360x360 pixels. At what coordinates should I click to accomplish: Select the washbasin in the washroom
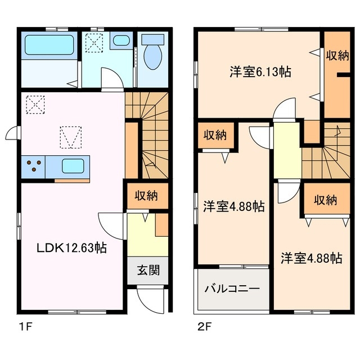120,40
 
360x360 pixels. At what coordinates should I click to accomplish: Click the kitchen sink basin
73,166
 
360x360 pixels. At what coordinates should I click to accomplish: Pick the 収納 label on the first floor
146,196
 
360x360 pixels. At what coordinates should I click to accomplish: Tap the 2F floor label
204,326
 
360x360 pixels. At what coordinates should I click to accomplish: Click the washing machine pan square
93,42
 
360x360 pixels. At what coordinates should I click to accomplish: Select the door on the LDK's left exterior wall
12,134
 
